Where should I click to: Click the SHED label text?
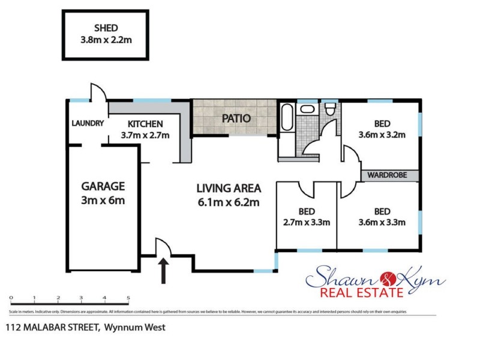(x=105, y=27)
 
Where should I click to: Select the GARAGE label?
(x=103, y=186)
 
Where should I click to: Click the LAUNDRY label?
(x=88, y=124)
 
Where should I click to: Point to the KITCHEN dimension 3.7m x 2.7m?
(x=145, y=135)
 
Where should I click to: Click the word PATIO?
(x=236, y=118)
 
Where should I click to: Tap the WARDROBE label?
(x=388, y=175)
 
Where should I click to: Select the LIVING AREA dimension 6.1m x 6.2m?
(x=227, y=202)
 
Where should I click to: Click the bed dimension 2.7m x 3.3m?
(x=306, y=223)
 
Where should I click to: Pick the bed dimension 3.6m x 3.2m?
(x=382, y=134)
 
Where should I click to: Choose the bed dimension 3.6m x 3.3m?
(x=382, y=223)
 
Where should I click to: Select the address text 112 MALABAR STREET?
(x=53, y=328)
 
